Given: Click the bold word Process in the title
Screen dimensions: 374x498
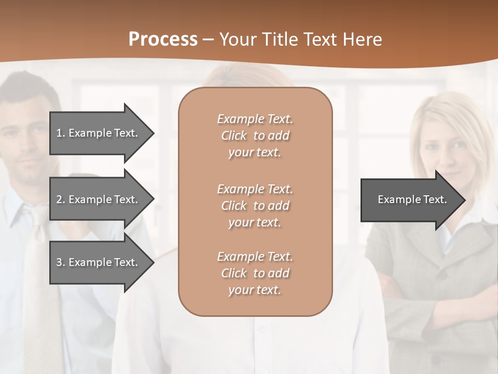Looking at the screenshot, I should (163, 39).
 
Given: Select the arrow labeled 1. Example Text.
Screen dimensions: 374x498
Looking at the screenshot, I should (99, 133).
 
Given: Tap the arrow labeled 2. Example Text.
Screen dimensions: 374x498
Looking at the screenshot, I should (99, 199).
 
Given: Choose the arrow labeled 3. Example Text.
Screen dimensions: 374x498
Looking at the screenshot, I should (99, 262).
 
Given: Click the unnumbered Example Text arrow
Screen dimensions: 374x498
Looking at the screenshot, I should (410, 199).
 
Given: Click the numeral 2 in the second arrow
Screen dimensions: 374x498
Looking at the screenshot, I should (59, 199).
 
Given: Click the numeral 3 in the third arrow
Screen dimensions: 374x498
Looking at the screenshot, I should (59, 262).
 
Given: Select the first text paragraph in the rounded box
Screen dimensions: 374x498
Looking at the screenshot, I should (255, 136).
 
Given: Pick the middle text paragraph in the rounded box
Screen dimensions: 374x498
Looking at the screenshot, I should (255, 206).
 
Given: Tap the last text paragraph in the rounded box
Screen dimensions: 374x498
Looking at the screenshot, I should (255, 273).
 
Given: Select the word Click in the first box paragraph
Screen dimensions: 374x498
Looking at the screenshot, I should (233, 136).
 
